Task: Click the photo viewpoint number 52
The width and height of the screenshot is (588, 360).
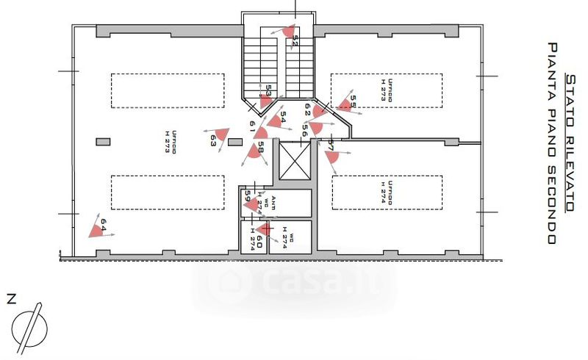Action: point(295,40)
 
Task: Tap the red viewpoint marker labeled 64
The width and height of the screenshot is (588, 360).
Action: point(96,231)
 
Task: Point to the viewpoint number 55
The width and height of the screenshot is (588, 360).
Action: point(353,101)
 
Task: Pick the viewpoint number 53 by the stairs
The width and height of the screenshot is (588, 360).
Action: point(268,90)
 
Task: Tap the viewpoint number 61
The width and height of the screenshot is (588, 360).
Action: point(252,126)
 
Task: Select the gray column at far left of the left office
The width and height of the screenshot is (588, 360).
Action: point(101,141)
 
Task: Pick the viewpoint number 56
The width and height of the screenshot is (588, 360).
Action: point(304,130)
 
